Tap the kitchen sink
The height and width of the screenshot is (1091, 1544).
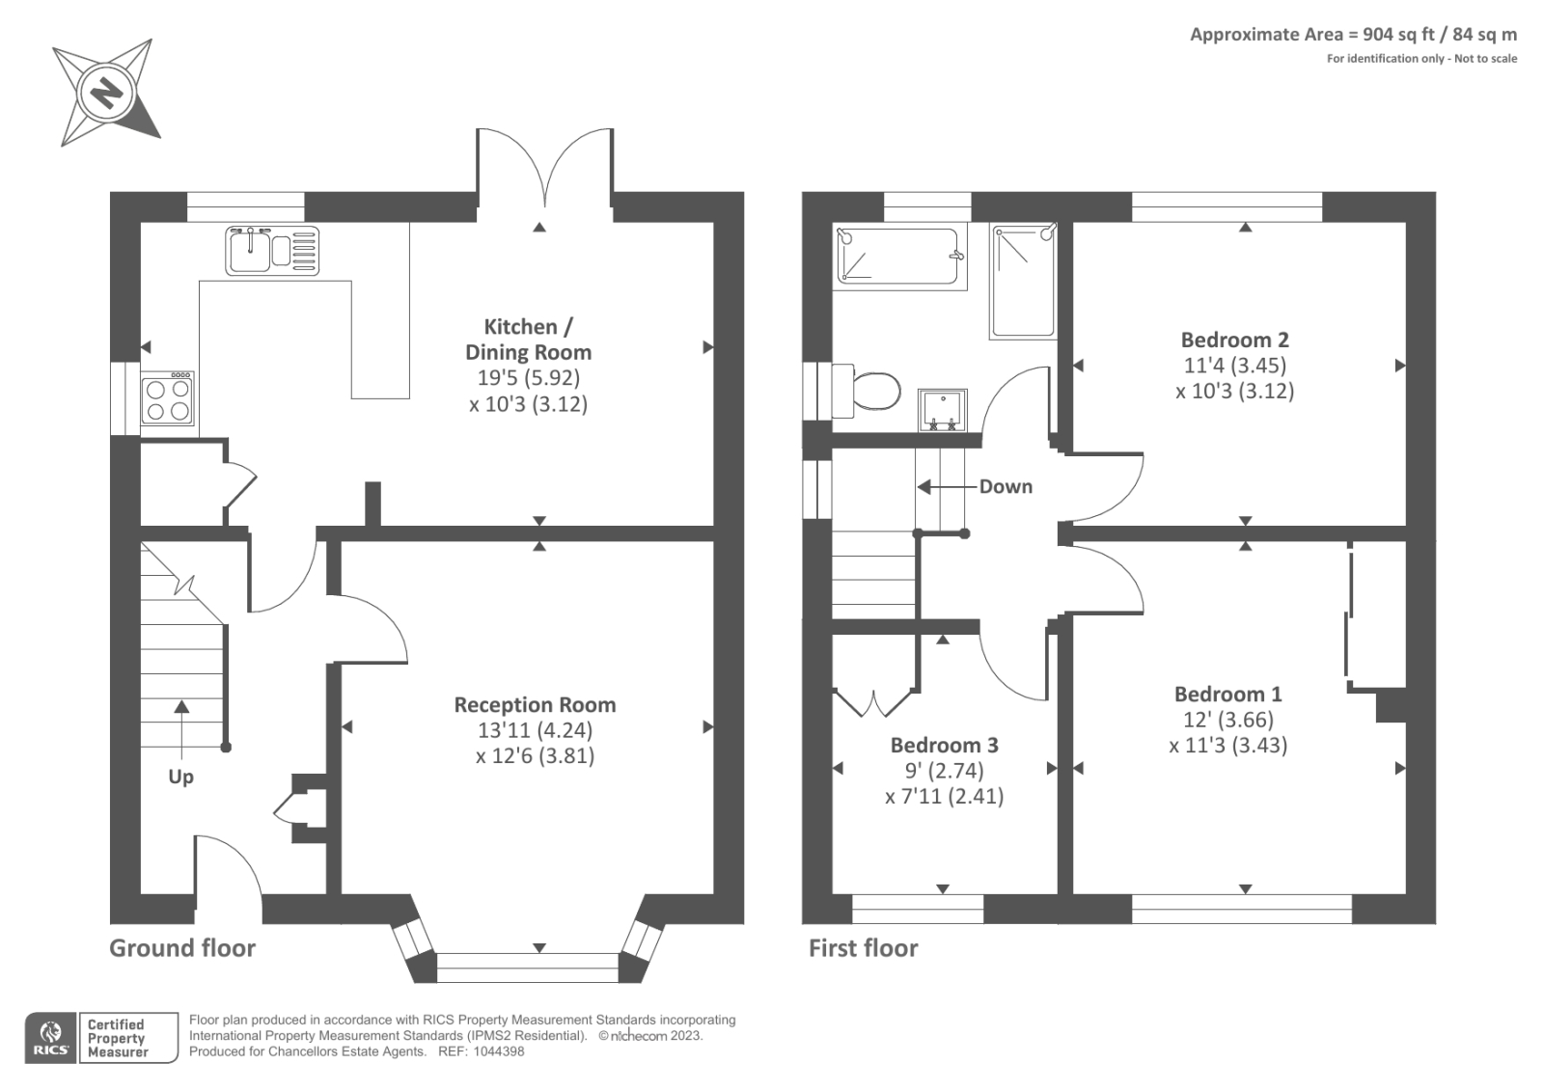click(272, 251)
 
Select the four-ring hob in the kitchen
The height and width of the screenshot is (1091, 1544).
click(168, 399)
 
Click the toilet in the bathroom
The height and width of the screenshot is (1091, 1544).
click(868, 392)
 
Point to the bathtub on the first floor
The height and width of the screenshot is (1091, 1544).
click(898, 256)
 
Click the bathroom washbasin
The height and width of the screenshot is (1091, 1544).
click(942, 411)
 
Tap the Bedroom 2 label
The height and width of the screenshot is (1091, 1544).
click(1234, 340)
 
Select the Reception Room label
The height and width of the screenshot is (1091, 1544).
click(535, 705)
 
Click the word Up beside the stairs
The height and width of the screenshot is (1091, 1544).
click(180, 777)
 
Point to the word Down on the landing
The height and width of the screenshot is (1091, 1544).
click(1006, 486)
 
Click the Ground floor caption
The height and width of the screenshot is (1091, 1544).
click(182, 948)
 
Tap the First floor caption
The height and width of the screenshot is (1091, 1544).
click(863, 948)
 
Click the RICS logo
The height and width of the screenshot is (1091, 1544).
click(50, 1038)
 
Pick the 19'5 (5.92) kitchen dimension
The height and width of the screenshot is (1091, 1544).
click(529, 378)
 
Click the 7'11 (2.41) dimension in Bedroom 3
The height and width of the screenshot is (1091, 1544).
click(945, 797)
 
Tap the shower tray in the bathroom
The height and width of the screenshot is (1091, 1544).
click(1024, 282)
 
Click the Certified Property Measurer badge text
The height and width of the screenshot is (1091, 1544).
click(117, 1039)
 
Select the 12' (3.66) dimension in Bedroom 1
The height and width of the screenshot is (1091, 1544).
click(1228, 720)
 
